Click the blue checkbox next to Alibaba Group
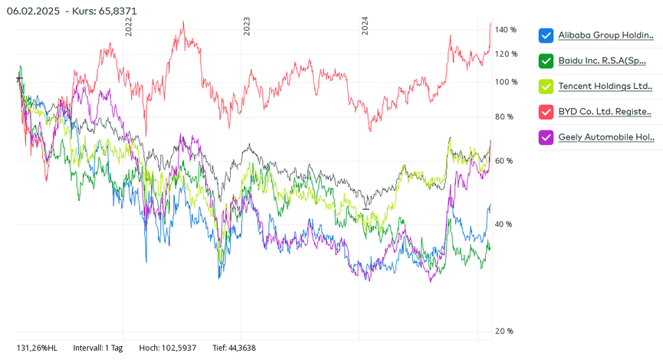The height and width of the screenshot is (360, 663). pos(546,36)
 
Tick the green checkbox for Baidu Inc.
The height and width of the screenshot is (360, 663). pos(546,61)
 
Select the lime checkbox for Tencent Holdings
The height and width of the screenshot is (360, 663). pos(546,87)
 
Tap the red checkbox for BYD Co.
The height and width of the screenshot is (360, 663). pos(546,112)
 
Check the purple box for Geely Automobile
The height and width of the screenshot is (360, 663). pos(546,138)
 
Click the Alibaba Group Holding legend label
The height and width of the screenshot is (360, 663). pos(606,36)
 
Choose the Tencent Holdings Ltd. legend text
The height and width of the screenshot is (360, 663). pos(606,87)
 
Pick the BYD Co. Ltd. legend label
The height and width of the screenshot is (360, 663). pos(606,112)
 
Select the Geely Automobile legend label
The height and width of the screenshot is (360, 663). pos(606,138)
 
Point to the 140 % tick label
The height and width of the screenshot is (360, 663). pos(506,30)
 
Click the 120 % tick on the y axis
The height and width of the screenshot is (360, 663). pos(506,54)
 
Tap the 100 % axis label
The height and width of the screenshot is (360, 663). pos(506,82)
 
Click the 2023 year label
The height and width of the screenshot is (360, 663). pos(247,27)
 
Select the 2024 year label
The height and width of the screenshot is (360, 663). pos(365,27)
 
